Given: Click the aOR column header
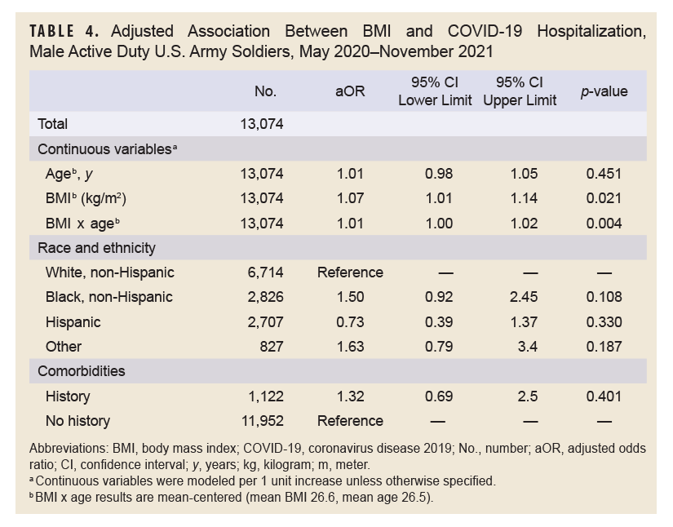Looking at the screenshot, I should click(x=350, y=91).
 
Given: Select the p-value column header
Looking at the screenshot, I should click(x=604, y=91).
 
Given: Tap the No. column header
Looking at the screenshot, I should click(x=266, y=91).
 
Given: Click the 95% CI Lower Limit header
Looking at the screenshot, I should click(x=434, y=91).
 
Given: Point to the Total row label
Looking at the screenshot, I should click(x=52, y=124).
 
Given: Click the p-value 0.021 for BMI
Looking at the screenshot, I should click(x=604, y=198).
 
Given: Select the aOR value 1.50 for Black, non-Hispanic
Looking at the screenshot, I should click(x=350, y=297).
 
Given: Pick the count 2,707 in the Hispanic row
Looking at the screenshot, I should click(x=265, y=321).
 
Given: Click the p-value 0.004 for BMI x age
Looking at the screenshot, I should click(x=604, y=223).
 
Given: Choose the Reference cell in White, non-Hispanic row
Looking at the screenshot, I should click(x=350, y=272).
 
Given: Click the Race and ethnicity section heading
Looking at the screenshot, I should click(x=96, y=247).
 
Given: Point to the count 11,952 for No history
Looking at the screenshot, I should click(x=261, y=421).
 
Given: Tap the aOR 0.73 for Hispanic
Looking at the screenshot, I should click(x=350, y=321).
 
